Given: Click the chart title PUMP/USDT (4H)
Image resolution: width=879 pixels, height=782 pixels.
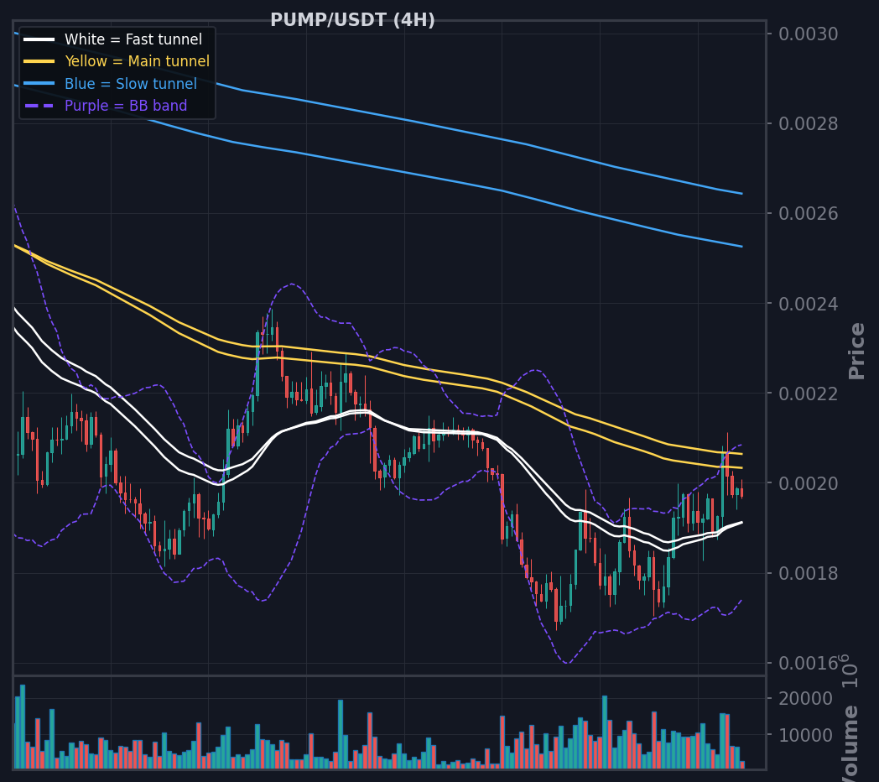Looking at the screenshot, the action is point(352,20).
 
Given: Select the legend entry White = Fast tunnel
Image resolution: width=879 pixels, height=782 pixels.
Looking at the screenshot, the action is point(133,39).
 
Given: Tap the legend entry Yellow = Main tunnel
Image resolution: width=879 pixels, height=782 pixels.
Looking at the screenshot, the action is point(138,61).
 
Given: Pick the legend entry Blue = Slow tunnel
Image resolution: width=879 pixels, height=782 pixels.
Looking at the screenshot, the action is point(131,84).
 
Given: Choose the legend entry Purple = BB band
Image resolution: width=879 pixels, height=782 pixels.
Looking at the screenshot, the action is point(126,106).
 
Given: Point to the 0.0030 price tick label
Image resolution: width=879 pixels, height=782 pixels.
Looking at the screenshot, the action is point(809,34).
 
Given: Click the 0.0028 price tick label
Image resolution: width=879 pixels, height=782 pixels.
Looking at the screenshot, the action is point(809,123).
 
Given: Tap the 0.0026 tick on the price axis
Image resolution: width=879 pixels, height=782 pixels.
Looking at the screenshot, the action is point(809,214).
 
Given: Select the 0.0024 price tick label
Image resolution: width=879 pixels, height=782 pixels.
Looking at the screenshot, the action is point(809,304).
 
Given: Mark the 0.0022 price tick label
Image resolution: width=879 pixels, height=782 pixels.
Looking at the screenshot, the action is point(809,394).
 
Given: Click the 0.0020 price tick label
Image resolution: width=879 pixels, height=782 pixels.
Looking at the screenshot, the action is point(809,483).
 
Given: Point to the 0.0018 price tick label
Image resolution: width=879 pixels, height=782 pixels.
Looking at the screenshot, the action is point(809,573).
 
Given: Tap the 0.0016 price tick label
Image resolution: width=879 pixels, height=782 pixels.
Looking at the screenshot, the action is point(809,664).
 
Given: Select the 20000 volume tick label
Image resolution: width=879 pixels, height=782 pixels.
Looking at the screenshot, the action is point(805,699).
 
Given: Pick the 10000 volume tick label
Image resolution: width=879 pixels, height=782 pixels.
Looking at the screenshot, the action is point(805,735).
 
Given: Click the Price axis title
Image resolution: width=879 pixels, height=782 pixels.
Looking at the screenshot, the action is point(856,352).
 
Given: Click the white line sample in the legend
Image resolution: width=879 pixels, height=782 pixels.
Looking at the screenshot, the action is point(39,39).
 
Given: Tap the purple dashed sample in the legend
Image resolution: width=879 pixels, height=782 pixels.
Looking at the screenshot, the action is point(39,106).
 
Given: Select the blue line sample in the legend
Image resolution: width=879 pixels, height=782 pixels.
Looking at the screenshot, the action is point(39,84).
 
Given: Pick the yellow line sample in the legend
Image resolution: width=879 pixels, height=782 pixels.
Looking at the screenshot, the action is point(39,61).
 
